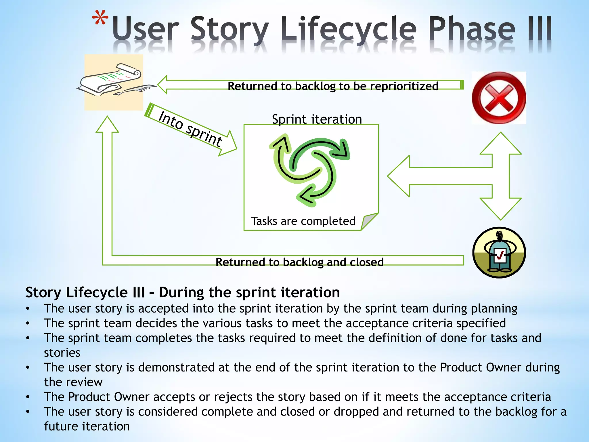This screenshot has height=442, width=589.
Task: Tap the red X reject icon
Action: coord(499,98)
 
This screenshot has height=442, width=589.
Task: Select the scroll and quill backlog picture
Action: coord(114,82)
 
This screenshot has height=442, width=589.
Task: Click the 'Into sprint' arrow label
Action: coord(190,128)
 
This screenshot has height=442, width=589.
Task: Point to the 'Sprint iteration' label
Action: coord(317,119)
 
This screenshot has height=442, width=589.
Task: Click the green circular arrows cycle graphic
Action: coord(310,170)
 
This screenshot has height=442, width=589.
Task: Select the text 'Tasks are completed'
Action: coord(303,221)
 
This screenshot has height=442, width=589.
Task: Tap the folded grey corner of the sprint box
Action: coord(368,221)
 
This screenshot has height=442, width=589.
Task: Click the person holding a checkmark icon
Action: coord(499,252)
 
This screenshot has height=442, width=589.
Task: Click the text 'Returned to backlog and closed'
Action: coord(299,262)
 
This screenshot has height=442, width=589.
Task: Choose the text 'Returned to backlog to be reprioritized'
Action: coord(333,86)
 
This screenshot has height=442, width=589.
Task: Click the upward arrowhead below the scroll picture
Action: coord(107,125)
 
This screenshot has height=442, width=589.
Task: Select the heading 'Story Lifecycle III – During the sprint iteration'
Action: coord(183,292)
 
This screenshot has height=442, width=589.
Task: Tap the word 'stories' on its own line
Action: coord(62,353)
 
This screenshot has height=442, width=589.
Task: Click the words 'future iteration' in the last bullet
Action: coord(87,426)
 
